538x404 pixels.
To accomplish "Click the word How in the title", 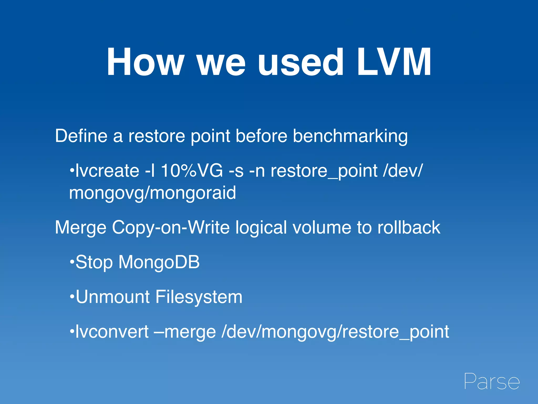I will (x=145, y=62).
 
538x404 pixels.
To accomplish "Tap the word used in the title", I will (x=300, y=62).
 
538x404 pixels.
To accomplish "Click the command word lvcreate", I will (x=107, y=171).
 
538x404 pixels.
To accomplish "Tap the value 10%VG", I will (x=192, y=171).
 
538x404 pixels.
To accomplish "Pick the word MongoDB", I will (x=159, y=262).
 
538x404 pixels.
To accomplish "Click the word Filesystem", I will (x=199, y=297).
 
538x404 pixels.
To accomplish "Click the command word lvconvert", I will (x=112, y=332).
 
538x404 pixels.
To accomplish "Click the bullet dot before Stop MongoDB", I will (x=72, y=262).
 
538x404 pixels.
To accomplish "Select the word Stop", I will (x=94, y=263).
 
